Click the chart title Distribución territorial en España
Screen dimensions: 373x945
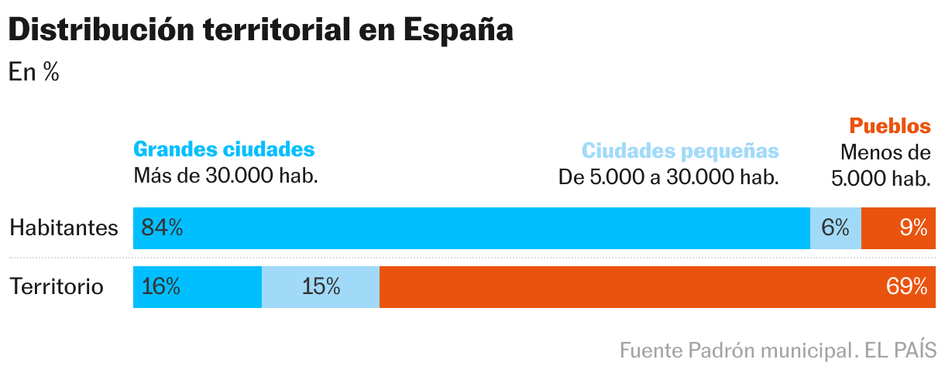point(260,31)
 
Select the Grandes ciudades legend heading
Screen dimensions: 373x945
point(225,149)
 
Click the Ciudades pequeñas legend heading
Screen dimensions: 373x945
point(680,150)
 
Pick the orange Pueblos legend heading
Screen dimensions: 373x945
point(889,126)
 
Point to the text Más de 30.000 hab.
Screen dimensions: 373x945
point(226,176)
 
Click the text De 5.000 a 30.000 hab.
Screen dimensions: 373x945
point(668,177)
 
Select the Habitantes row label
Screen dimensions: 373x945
point(64,228)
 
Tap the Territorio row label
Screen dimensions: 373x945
point(57,287)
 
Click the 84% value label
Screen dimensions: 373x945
point(162,228)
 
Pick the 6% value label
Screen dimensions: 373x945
point(835,228)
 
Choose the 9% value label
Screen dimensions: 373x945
point(913,228)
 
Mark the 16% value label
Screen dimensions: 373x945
point(161,287)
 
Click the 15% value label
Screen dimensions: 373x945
point(321,287)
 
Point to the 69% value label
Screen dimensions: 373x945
point(906,287)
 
